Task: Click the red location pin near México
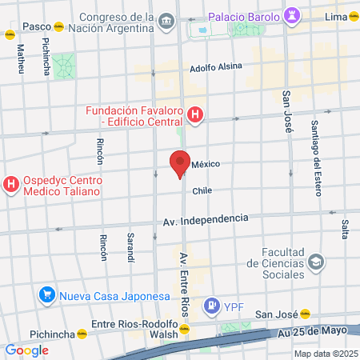[180, 162]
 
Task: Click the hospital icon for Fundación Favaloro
[195, 116]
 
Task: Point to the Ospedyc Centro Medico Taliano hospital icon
[11, 185]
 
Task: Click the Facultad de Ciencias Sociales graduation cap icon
[316, 262]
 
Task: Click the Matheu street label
[20, 58]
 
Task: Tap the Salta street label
[345, 228]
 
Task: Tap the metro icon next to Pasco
[10, 34]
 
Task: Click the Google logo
[26, 350]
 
